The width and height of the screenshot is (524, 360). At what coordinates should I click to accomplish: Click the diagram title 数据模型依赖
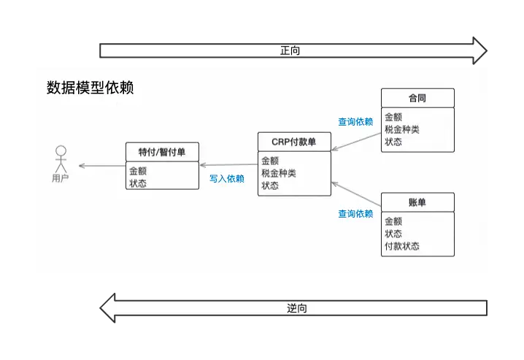(90, 88)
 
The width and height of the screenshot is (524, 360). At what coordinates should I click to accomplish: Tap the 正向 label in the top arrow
(290, 51)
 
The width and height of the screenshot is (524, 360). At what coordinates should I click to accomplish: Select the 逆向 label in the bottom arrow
(296, 308)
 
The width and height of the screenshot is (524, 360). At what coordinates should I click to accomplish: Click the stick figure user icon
(61, 158)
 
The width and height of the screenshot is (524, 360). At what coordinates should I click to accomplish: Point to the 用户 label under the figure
(61, 178)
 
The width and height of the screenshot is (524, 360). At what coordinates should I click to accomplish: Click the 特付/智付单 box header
(162, 152)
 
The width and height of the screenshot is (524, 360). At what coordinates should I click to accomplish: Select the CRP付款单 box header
(294, 142)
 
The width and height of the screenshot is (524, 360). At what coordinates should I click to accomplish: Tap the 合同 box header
(417, 98)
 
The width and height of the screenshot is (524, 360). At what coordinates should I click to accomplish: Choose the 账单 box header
(417, 202)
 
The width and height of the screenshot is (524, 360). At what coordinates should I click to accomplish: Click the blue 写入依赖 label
(227, 178)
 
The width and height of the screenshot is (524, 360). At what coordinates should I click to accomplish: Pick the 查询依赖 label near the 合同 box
(355, 122)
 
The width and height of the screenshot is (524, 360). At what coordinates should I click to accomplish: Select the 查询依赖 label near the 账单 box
(355, 214)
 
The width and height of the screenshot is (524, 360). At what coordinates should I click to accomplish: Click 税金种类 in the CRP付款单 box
(279, 173)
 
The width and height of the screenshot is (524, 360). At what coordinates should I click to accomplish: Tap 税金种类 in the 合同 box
(402, 129)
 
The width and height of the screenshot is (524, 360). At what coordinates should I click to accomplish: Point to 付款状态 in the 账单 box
(402, 246)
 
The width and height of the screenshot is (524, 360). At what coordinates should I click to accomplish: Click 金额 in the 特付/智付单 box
(138, 171)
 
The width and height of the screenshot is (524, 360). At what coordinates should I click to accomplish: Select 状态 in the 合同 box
(393, 142)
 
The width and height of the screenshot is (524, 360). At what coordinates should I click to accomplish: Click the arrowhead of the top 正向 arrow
(479, 51)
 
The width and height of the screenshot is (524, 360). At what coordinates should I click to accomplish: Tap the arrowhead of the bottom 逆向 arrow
(108, 308)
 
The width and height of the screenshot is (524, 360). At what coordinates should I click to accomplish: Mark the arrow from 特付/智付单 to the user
(101, 166)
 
